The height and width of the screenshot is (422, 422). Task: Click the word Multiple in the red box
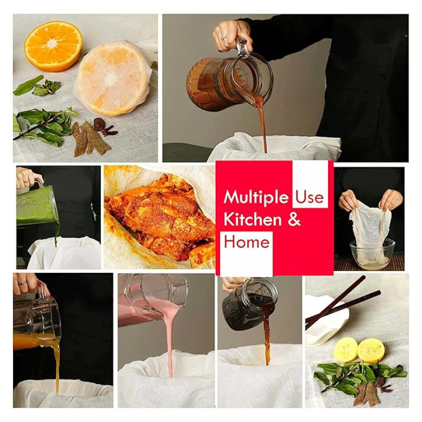click(255, 197)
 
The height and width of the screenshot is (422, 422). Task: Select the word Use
click(310, 197)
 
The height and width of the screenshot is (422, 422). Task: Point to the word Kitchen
click(253, 219)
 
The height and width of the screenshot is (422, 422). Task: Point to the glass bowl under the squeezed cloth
click(372, 254)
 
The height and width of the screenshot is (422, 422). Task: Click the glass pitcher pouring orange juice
click(37, 322)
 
